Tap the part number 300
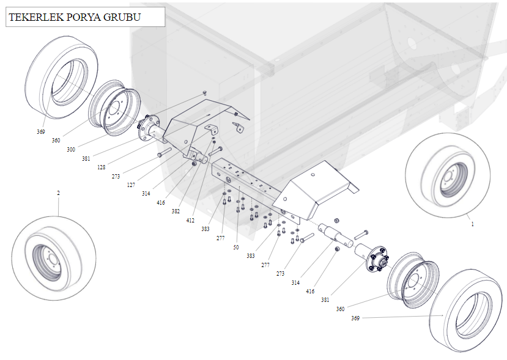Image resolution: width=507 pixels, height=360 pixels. tap(72, 149)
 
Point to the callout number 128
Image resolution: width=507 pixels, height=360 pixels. tap(101, 167)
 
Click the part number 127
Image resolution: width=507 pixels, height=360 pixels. tap(131, 185)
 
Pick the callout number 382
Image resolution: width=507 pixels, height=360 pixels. tap(176, 211)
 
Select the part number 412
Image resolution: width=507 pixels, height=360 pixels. tap(190, 220)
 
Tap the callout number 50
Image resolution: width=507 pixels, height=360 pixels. tap(236, 248)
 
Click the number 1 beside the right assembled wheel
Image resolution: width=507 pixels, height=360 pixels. tap(472, 224)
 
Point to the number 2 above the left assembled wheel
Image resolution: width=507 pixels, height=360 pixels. tap(59, 193)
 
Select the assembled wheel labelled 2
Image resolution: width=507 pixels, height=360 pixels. tap(54, 259)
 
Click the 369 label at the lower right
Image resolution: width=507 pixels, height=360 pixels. tap(356, 318)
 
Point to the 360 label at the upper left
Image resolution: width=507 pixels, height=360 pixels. tap(56, 141)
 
